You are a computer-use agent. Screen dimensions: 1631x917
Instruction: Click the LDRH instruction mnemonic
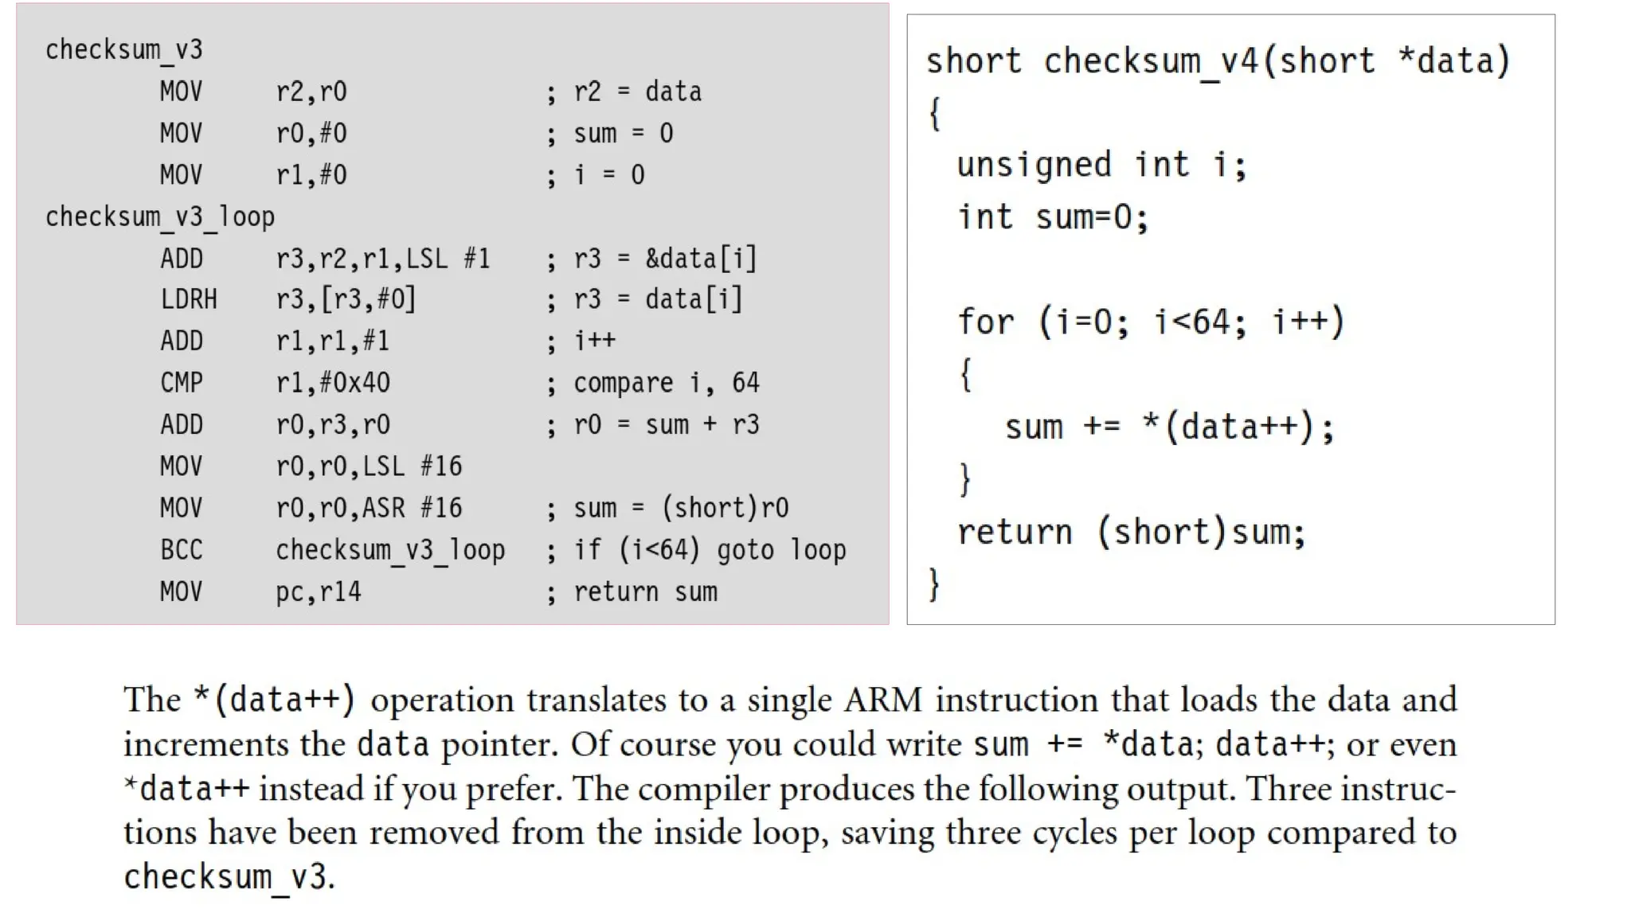189,299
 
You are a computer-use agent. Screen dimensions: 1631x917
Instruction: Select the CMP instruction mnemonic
182,383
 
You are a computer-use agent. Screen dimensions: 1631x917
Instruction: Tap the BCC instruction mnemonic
182,550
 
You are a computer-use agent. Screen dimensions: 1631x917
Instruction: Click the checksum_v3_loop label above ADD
160,217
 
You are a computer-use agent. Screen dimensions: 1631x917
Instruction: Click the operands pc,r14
319,592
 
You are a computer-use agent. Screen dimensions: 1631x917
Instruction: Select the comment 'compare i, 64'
667,383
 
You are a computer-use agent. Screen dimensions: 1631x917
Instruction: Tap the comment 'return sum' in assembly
645,592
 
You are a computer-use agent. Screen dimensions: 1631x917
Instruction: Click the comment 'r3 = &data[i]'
665,259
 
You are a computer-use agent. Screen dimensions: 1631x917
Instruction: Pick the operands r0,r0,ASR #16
369,508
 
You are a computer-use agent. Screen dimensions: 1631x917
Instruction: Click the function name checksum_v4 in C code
1150,61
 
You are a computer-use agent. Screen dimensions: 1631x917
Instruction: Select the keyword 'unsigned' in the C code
1034,165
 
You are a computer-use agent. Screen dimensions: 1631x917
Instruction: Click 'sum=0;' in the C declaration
1092,217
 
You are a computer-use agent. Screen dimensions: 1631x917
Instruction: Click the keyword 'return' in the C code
1015,532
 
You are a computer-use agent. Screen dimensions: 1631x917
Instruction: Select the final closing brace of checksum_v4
934,584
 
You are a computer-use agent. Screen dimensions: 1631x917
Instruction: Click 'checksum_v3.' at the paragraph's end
229,877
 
